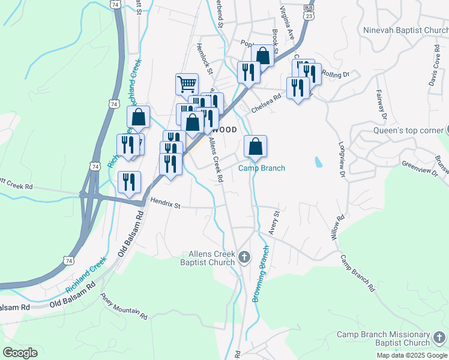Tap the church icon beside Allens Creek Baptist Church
tap(244, 258)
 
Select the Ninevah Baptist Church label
tap(405, 29)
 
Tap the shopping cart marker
tap(187, 84)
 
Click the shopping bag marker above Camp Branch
tap(255, 146)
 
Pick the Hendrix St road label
tap(166, 205)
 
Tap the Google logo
tap(20, 353)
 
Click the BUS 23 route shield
tap(309, 13)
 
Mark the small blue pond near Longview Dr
tap(317, 162)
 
